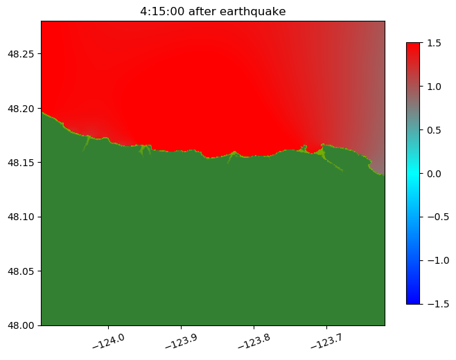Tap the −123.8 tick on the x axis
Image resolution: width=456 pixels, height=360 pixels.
255,339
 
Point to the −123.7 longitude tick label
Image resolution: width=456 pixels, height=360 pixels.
328,339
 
